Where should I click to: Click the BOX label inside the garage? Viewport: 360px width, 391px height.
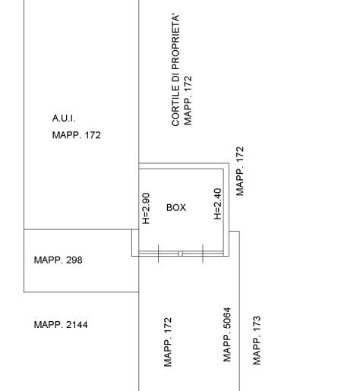[176, 208]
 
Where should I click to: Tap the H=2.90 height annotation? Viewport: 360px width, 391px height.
[147, 209]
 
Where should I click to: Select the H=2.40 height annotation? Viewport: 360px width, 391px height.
[218, 203]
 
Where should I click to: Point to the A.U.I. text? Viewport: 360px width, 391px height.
[64, 118]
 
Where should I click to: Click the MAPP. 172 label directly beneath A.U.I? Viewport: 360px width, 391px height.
[77, 135]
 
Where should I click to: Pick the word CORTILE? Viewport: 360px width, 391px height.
[175, 106]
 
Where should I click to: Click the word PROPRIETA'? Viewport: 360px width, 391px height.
[175, 42]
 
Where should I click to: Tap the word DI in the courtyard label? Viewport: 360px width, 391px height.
[175, 77]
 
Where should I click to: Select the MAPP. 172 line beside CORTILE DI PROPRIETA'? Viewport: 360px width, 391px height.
[188, 101]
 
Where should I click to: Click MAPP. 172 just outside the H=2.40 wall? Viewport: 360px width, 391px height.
[240, 171]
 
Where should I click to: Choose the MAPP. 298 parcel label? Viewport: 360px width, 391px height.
[58, 260]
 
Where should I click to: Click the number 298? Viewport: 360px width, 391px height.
[74, 260]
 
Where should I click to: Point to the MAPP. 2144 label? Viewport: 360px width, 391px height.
[61, 325]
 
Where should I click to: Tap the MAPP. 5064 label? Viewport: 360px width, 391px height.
[227, 335]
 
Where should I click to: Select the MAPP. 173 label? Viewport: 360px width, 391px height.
[257, 340]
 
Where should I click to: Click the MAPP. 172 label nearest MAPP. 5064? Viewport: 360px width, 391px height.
[168, 342]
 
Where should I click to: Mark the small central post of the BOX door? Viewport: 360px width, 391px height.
[180, 254]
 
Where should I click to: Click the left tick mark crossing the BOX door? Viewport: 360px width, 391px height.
[159, 254]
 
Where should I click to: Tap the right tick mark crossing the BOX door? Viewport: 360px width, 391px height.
[203, 254]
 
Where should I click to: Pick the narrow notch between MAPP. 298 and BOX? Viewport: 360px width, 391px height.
[135, 243]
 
